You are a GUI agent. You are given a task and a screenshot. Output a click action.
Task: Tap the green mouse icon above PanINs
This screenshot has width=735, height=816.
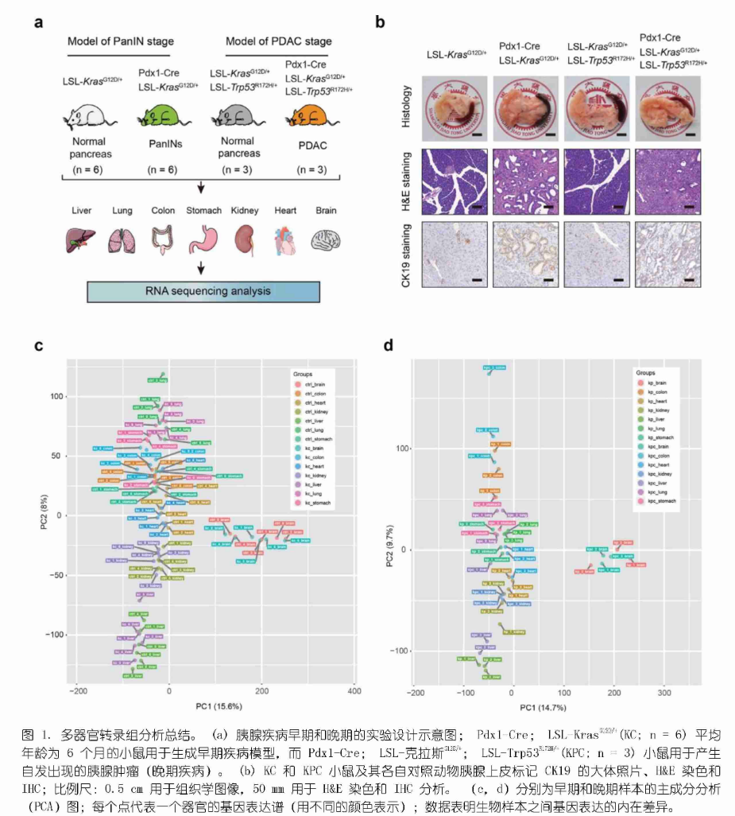[x=160, y=121]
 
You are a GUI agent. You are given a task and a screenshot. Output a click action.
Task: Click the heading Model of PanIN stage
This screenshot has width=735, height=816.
[x=121, y=41]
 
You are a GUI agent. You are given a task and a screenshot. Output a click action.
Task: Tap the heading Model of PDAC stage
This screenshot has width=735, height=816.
[x=279, y=41]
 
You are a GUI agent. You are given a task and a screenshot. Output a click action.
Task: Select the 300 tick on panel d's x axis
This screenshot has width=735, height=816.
[x=663, y=692]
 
